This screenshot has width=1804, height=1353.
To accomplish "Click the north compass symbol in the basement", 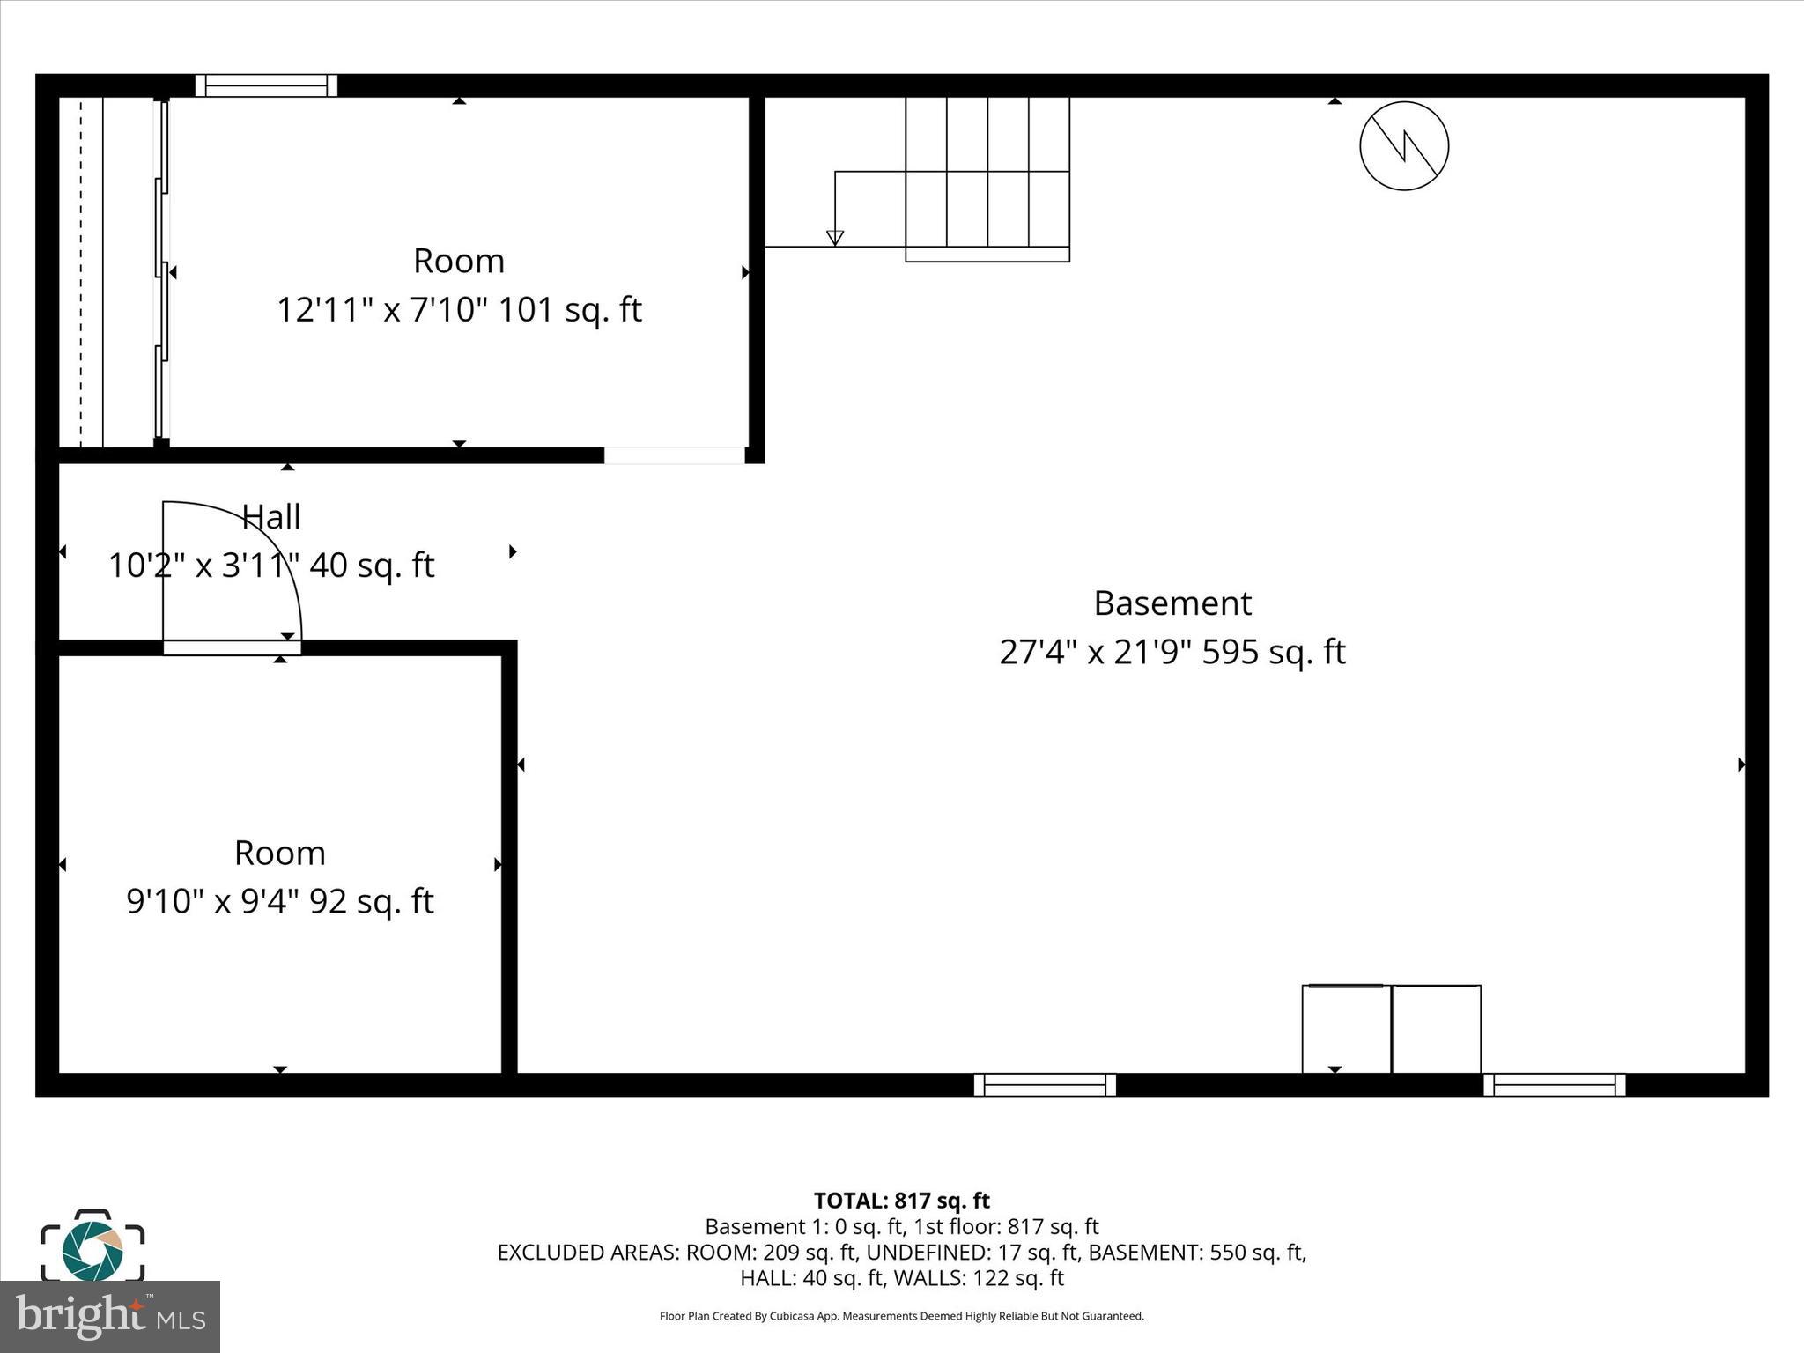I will click(1403, 146).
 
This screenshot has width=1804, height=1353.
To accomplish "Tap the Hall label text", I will click(271, 517).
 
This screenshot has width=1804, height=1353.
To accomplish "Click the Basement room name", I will click(1172, 603).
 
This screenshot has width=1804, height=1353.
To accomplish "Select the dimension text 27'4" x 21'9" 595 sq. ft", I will click(1172, 653).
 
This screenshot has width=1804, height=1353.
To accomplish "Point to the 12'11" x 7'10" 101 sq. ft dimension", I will click(459, 310).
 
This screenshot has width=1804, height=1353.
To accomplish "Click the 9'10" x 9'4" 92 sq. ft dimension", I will click(280, 902).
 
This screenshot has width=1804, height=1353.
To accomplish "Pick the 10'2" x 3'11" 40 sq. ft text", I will click(271, 566).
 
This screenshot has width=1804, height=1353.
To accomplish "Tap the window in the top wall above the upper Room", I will click(266, 85).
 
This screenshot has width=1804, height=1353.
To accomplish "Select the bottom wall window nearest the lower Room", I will click(1045, 1084).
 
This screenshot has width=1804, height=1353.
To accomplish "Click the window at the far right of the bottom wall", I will click(1555, 1084).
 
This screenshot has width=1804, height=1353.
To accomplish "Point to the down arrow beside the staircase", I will click(835, 236).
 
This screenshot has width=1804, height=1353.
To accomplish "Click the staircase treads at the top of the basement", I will click(987, 176).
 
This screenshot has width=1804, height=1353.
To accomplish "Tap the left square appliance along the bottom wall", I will click(1346, 1029).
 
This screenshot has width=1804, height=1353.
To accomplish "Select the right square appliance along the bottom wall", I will click(1437, 1029).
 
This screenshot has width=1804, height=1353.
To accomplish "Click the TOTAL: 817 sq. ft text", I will click(901, 1201).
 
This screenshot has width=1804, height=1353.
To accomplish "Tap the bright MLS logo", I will click(110, 1316).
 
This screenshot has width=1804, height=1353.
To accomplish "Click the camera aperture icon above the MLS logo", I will click(92, 1249).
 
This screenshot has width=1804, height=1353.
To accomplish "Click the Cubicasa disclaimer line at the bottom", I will click(901, 1316).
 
